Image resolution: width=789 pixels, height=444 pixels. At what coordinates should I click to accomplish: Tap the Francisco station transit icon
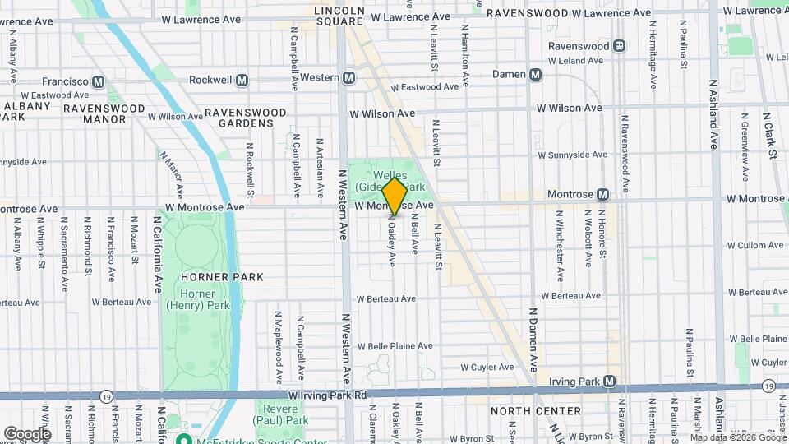(x=99, y=81)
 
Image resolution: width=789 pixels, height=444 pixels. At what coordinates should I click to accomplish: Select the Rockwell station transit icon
(x=242, y=80)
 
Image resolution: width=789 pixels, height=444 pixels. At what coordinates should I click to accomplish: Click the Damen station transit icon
(x=536, y=75)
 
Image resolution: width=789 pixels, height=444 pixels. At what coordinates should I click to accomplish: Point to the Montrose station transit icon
(x=603, y=194)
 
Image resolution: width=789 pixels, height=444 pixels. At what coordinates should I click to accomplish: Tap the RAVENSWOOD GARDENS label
(x=245, y=118)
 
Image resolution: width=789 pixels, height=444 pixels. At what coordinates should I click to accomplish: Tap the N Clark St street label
(x=772, y=136)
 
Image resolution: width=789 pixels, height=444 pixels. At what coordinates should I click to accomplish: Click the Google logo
(x=27, y=433)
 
